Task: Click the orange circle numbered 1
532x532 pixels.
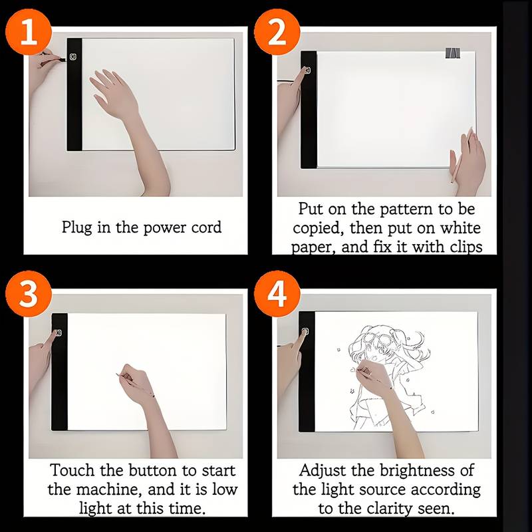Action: coord(29,32)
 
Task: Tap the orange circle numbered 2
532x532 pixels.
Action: coord(277,32)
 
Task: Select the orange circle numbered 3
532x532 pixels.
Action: coord(29,294)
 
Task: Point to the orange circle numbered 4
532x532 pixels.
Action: coord(277,294)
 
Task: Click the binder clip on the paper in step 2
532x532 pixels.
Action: coord(453,53)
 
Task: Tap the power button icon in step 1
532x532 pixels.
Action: coord(73,57)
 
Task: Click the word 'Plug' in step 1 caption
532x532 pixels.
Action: coord(76,227)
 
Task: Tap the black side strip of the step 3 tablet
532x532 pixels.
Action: coord(59,372)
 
